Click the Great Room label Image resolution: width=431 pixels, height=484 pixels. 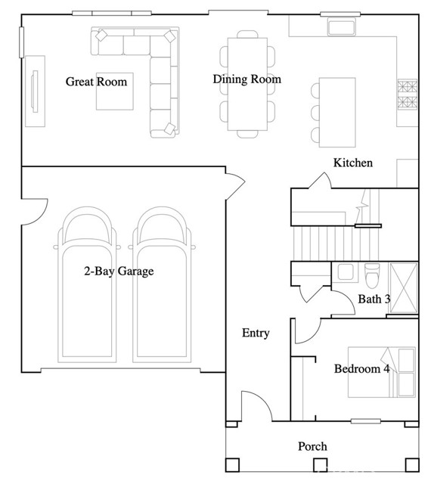(x=96, y=82)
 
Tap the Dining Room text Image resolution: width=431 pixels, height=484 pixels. (x=247, y=79)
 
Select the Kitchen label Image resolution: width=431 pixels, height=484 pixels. (x=353, y=163)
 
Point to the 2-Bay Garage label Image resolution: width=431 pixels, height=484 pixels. (x=119, y=271)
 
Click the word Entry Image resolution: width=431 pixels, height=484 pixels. (x=256, y=333)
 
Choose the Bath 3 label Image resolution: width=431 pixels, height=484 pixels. (x=374, y=299)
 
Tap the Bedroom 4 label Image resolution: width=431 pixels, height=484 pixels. (x=362, y=369)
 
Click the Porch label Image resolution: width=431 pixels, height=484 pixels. (x=312, y=446)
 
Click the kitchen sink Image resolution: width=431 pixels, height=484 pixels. (x=342, y=27)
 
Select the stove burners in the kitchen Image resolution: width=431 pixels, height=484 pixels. (x=408, y=95)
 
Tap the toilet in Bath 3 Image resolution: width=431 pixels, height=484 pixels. (x=372, y=275)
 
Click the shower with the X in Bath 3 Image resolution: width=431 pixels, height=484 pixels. (x=403, y=288)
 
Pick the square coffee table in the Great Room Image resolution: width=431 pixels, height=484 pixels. (x=115, y=92)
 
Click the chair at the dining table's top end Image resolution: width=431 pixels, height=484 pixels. (x=247, y=34)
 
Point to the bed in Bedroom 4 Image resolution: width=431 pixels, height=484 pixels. (x=382, y=372)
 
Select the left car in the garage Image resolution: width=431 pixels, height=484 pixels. (x=87, y=284)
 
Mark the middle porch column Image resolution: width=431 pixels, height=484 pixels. (x=320, y=465)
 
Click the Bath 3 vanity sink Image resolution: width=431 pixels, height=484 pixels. (x=346, y=272)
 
